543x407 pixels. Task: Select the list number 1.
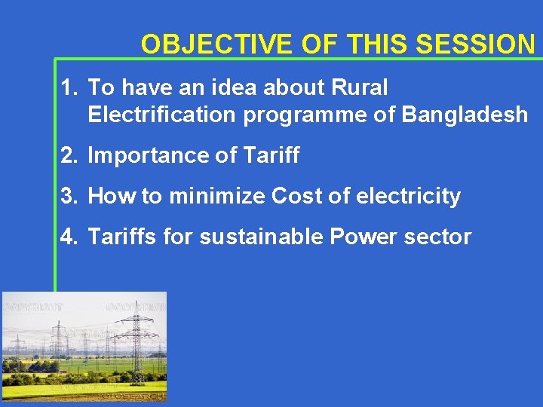[69, 88]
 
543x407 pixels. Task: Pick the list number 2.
[69, 156]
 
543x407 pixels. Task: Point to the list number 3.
[69, 197]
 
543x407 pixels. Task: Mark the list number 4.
[69, 237]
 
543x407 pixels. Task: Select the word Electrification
[161, 115]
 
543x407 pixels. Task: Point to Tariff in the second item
[271, 156]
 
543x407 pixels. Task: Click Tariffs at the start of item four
[122, 237]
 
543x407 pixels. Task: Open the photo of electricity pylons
[84, 347]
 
